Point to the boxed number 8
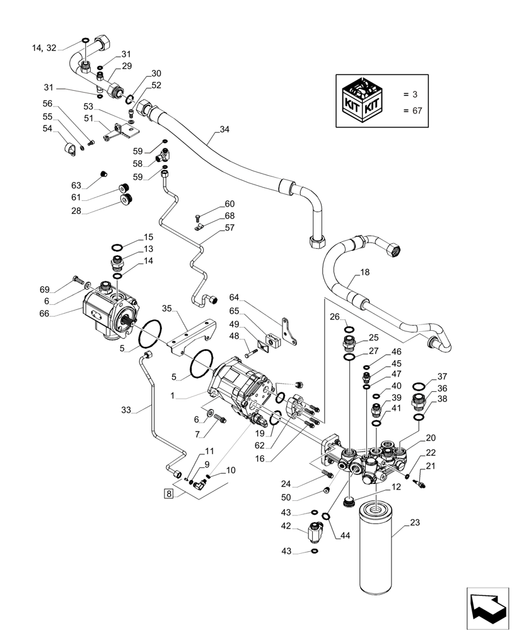point(168,493)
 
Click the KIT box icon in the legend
point(363,100)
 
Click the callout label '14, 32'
point(44,47)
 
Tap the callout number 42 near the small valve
point(286,525)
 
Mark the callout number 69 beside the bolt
point(44,289)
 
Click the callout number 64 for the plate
point(235,297)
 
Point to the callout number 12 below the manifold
point(395,486)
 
